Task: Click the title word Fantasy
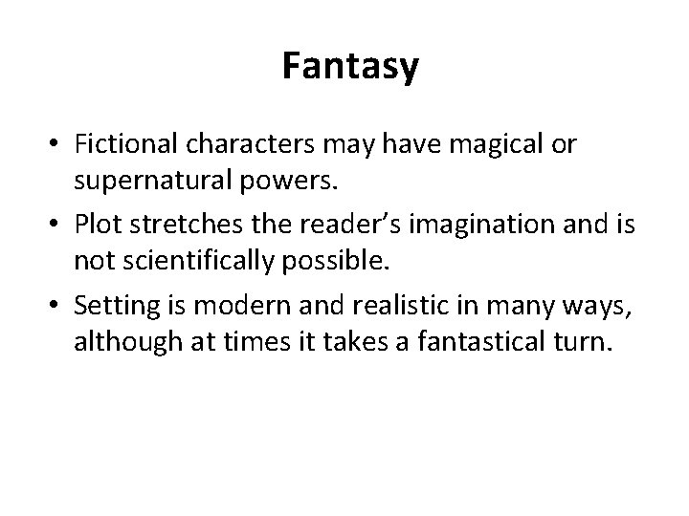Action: click(x=350, y=67)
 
